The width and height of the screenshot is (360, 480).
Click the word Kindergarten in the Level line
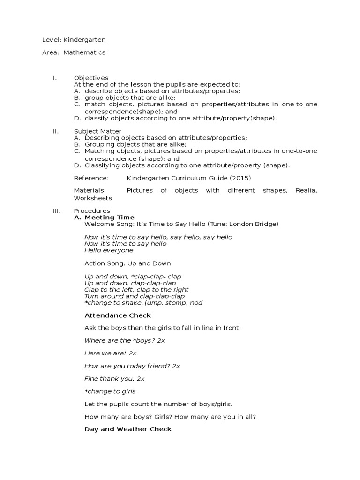pos(88,41)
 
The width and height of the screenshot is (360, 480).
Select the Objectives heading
pos(91,78)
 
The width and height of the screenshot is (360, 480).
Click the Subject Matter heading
pos(97,131)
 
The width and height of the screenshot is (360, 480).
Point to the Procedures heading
pos(92,211)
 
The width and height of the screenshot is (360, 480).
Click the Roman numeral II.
pos(55,131)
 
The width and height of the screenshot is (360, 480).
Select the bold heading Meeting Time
pos(109,217)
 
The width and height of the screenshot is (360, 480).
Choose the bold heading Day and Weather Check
pos(128,429)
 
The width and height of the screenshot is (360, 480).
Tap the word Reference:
pos(91,178)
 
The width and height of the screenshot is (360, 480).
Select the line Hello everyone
pos(109,250)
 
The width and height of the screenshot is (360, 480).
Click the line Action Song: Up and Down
pos(127,263)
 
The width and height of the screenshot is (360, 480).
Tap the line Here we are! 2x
pos(110,353)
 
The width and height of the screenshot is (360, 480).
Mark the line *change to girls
pos(110,391)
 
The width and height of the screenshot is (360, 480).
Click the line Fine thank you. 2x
pos(114,378)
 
